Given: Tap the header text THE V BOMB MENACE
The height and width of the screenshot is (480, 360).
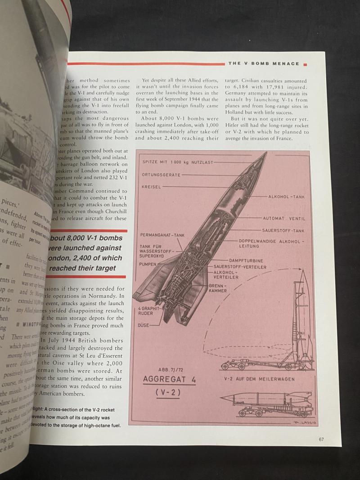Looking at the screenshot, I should [x=264, y=64].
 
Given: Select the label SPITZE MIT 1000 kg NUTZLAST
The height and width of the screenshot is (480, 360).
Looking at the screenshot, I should [x=178, y=162].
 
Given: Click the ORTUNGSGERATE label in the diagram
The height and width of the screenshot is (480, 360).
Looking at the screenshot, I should [x=161, y=174].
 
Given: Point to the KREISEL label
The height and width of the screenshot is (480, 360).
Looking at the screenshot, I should [x=152, y=186].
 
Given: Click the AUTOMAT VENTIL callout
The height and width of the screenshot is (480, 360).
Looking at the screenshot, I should [x=284, y=218].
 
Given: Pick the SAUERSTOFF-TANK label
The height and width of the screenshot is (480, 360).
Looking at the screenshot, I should [x=283, y=231].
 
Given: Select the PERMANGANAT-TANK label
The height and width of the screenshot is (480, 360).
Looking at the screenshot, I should [x=162, y=235].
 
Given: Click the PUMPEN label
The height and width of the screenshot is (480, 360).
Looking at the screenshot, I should [x=148, y=264].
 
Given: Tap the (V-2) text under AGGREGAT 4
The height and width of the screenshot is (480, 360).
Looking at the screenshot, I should [x=170, y=393].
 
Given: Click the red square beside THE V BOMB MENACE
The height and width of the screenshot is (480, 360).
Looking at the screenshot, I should [x=306, y=64].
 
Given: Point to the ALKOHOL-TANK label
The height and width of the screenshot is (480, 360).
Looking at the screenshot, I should [x=287, y=197].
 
